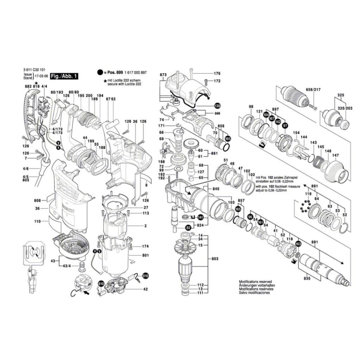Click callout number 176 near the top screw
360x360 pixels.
[217, 74]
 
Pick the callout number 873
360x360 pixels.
[163, 75]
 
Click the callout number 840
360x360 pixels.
[216, 189]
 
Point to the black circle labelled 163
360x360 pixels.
[298, 244]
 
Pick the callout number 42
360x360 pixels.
[145, 289]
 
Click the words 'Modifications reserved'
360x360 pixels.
[255, 282]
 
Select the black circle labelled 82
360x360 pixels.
[188, 228]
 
